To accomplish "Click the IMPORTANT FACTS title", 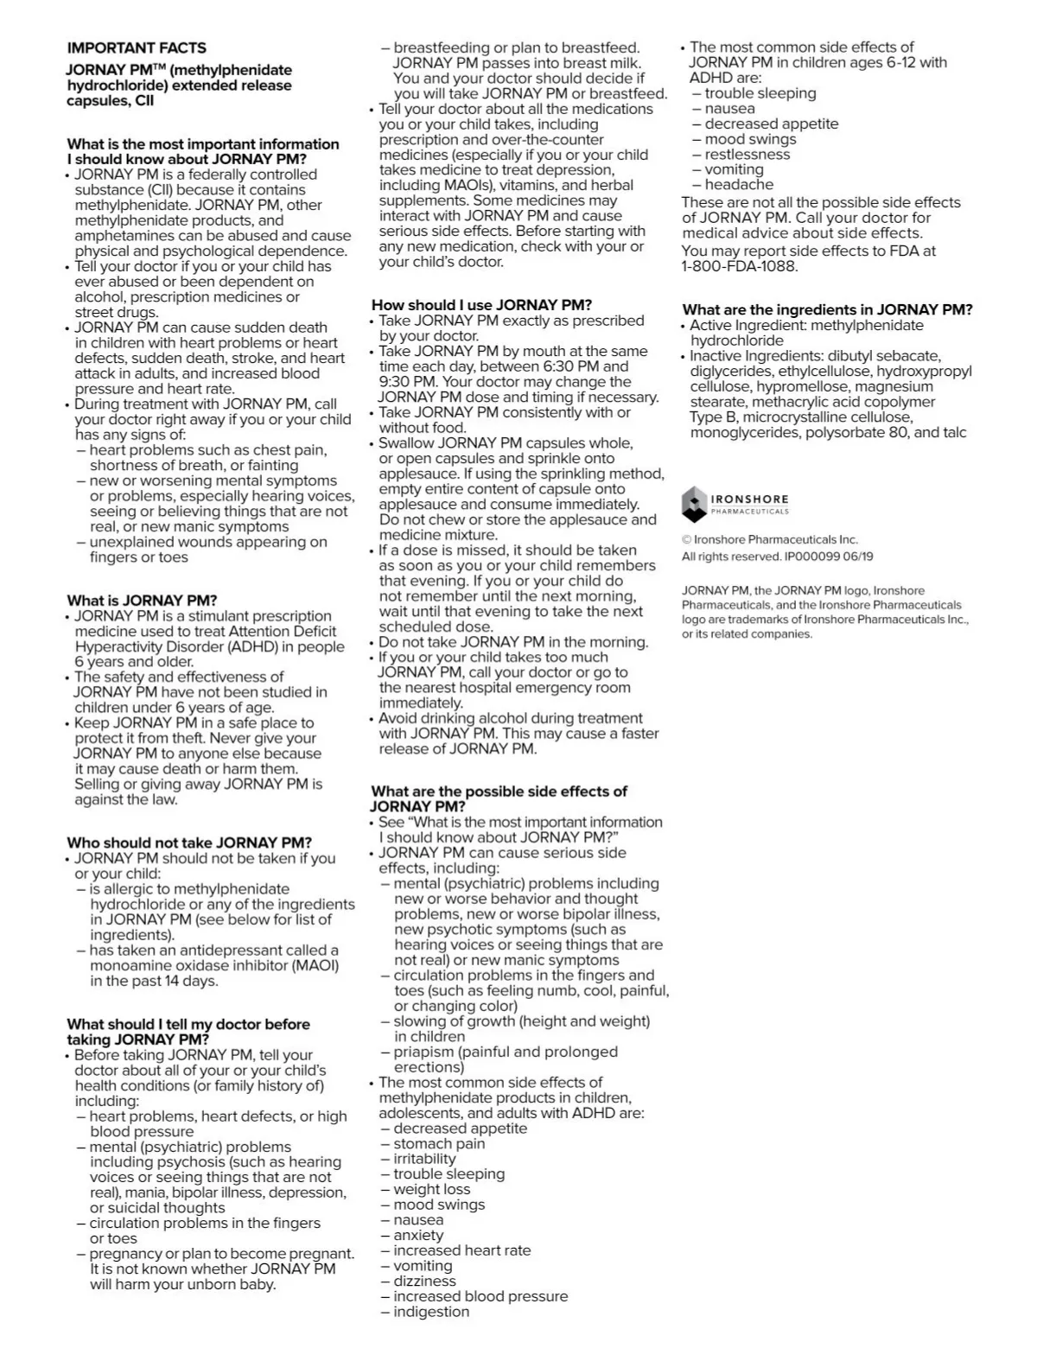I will [137, 48].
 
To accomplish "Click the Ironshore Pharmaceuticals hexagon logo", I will [694, 504].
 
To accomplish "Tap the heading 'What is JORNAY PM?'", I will [142, 601].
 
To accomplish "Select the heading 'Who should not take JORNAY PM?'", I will [189, 843].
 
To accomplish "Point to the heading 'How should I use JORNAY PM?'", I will [481, 305].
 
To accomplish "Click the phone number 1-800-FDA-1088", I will [740, 266].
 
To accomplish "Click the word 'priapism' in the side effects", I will [423, 1052].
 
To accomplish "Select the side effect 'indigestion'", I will [431, 1312].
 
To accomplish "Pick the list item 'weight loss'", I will [431, 1189].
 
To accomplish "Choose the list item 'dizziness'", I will [424, 1281].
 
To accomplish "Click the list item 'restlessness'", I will [747, 154].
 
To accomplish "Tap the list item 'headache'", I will [739, 184].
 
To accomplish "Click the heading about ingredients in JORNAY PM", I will [827, 309].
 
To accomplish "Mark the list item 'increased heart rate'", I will [461, 1250].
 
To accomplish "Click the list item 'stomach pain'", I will [439, 1143].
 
